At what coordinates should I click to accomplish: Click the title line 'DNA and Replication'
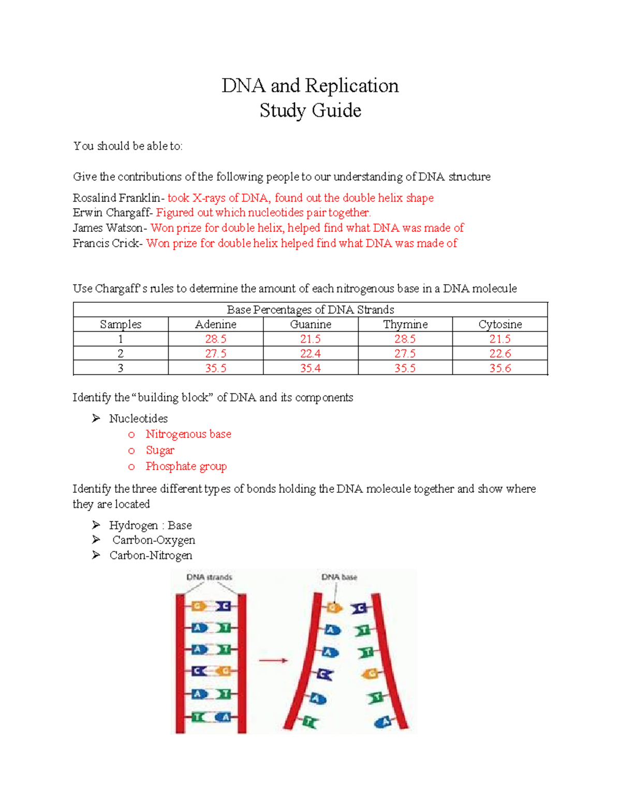point(310,85)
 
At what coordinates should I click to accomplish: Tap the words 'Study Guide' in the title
point(310,110)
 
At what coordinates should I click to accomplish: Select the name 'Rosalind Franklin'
point(116,198)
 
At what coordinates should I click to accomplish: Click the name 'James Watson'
point(108,228)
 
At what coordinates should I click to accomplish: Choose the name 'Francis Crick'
point(106,243)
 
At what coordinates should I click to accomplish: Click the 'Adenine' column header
point(215,325)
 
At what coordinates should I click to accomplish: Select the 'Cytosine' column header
point(500,325)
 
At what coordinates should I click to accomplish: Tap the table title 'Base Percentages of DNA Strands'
point(310,310)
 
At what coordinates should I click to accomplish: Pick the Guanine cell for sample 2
point(310,354)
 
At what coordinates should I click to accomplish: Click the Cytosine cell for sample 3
point(500,368)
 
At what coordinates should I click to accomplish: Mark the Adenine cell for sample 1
point(215,339)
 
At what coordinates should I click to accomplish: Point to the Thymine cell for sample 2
point(405,354)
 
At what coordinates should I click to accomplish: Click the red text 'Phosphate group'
point(186,466)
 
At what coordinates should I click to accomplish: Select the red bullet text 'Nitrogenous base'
point(188,434)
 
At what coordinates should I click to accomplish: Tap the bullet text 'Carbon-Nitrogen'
point(151,556)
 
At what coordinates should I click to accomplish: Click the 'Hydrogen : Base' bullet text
point(150,525)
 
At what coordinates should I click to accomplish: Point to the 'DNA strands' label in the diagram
point(209,577)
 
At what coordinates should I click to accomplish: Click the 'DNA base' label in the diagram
point(339,577)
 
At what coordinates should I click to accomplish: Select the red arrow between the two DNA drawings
point(273,661)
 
